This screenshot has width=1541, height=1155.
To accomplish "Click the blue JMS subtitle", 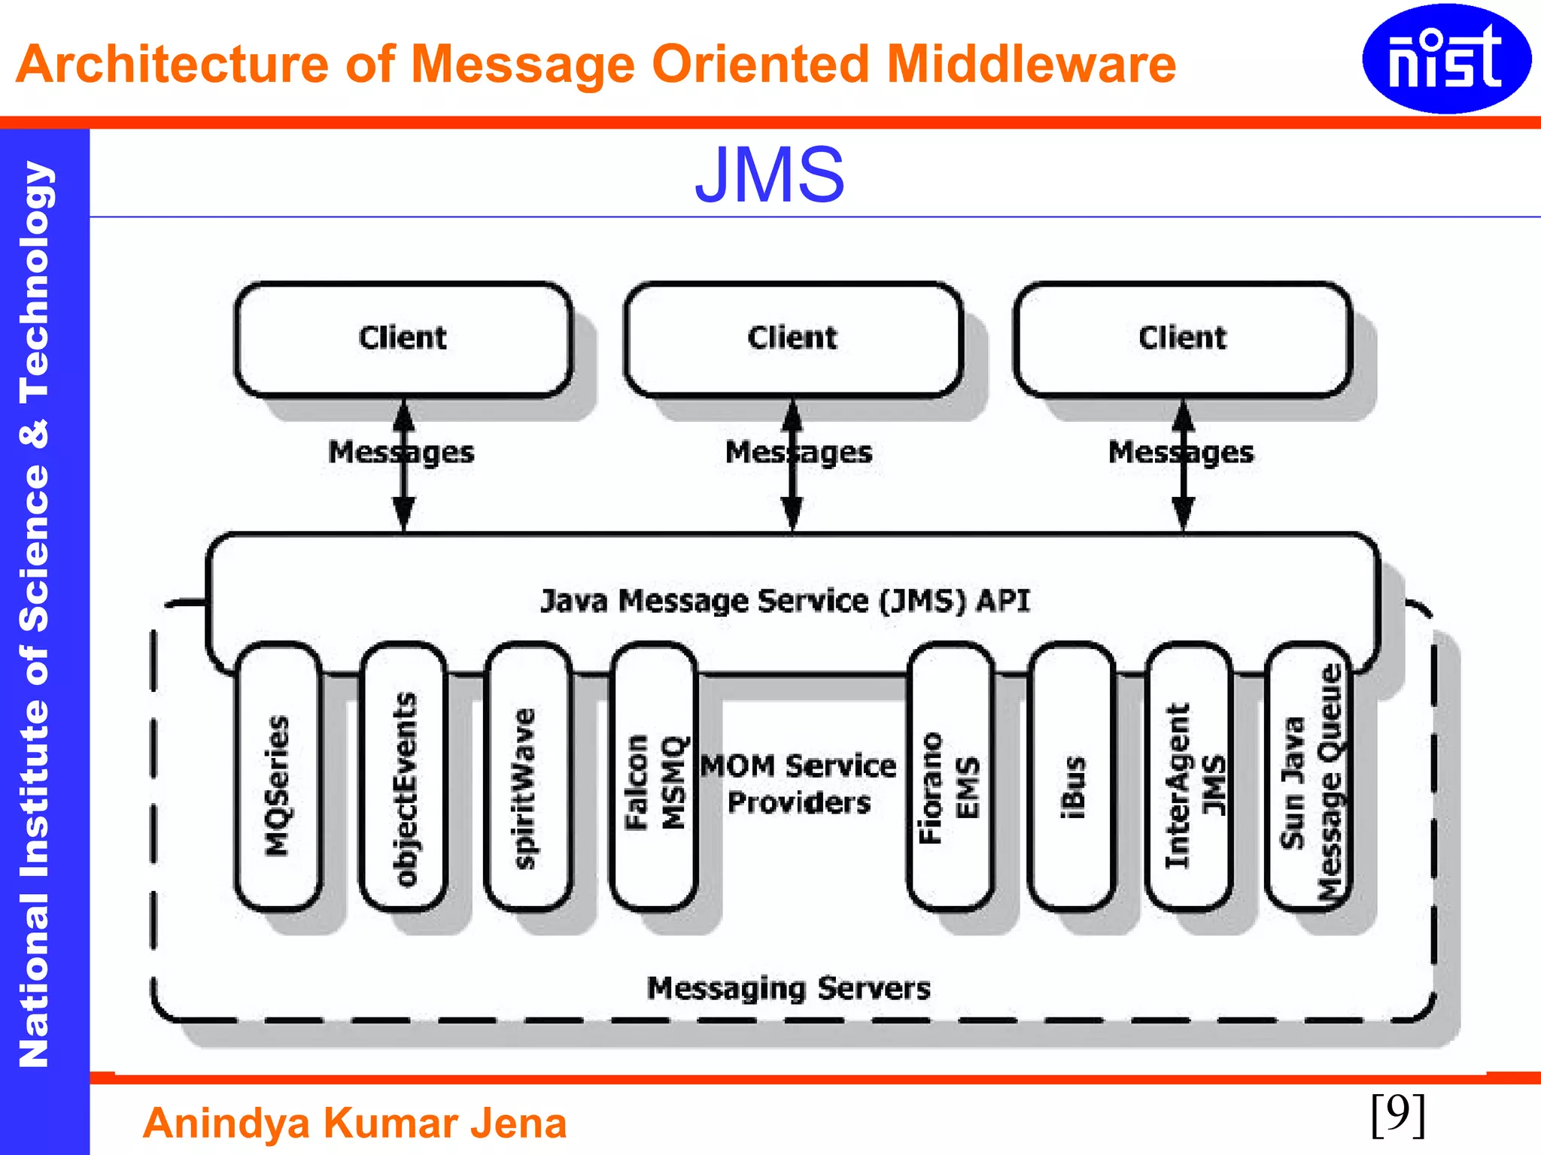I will click(x=770, y=175).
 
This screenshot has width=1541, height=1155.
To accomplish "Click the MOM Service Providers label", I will click(x=799, y=784).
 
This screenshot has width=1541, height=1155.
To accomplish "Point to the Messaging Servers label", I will click(x=789, y=988).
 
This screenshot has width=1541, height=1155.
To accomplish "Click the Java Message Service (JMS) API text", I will click(x=785, y=601).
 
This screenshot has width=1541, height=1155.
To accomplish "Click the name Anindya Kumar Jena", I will click(x=354, y=1123).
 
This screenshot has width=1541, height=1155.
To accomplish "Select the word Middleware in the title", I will click(x=1031, y=64).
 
